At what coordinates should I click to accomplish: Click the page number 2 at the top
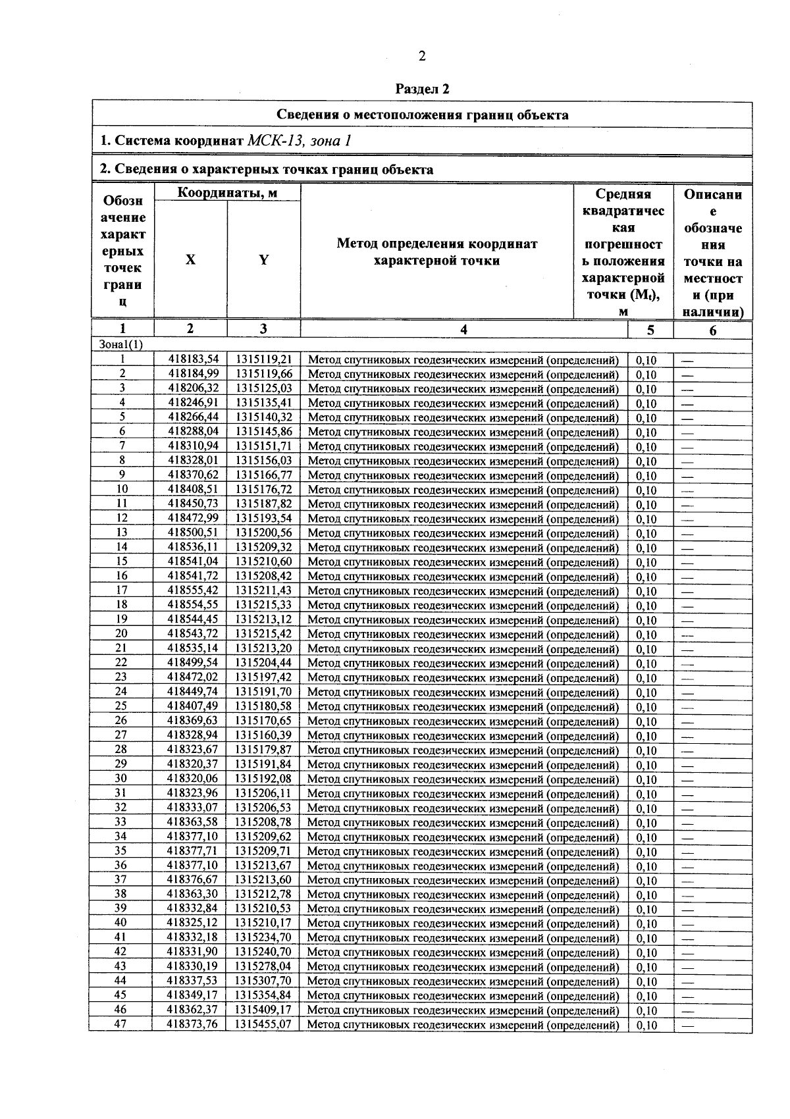(x=422, y=56)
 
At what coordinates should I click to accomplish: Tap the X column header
(x=190, y=260)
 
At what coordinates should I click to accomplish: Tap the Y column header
(x=263, y=260)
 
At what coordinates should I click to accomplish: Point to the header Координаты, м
(x=227, y=193)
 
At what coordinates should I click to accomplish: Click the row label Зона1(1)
(x=120, y=344)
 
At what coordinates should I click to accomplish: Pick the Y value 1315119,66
(x=264, y=374)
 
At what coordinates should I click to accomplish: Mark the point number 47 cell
(x=120, y=1024)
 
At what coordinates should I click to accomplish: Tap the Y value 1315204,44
(x=263, y=663)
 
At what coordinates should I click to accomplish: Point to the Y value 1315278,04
(x=263, y=966)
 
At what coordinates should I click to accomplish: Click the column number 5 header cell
(x=650, y=330)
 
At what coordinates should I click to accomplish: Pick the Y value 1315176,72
(x=263, y=490)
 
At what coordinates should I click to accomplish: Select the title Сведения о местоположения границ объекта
(x=422, y=115)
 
